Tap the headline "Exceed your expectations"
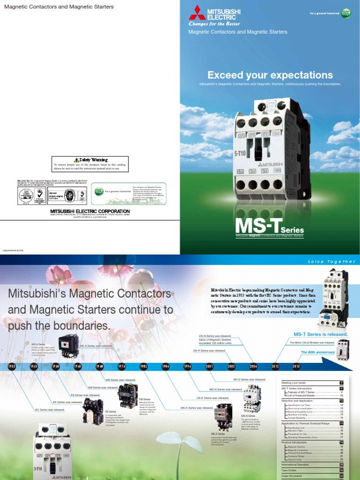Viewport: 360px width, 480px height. click(x=270, y=75)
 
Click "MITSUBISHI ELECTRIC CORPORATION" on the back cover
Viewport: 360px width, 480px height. click(x=90, y=211)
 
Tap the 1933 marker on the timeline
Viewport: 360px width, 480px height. click(x=12, y=367)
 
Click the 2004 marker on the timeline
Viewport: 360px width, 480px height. click(x=253, y=367)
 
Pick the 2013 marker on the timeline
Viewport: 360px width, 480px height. click(x=296, y=367)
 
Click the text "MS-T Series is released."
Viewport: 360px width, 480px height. click(x=321, y=334)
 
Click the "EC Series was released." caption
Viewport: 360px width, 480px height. click(x=50, y=410)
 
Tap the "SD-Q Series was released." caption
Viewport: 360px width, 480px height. click(x=249, y=379)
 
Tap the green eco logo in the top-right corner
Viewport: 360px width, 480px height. click(x=346, y=13)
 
